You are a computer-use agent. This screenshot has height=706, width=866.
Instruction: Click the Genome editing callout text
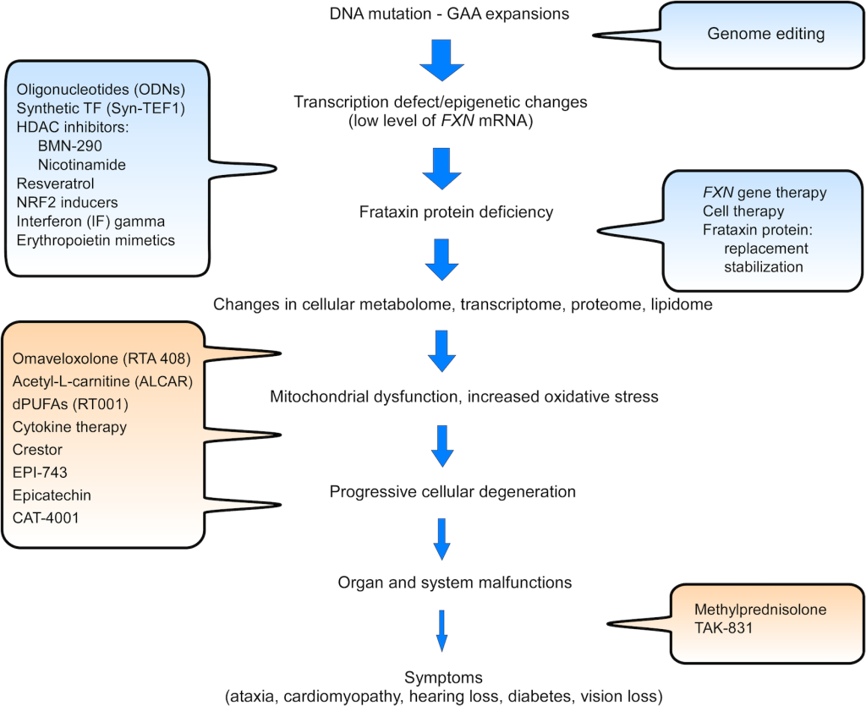(x=765, y=35)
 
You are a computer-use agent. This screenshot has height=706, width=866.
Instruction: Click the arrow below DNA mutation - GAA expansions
(x=440, y=58)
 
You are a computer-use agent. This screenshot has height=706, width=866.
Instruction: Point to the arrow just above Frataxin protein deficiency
(x=441, y=167)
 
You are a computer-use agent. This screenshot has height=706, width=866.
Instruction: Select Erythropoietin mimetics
(x=96, y=240)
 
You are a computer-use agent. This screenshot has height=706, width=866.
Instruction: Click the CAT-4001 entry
(x=47, y=517)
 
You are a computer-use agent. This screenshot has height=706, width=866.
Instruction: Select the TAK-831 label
(x=721, y=629)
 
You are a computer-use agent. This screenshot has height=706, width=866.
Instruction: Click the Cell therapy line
(x=743, y=211)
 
